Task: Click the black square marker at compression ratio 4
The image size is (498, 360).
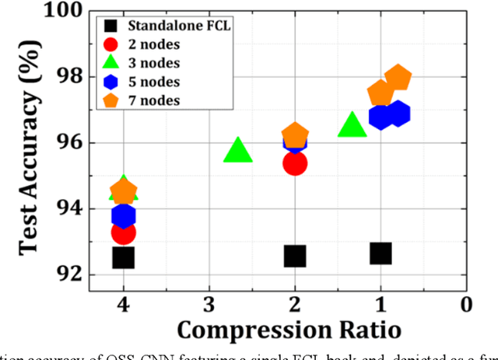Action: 123,257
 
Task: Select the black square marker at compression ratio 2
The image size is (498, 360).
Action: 294,256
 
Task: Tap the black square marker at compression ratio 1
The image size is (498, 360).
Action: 381,253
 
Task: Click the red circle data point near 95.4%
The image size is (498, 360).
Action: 294,163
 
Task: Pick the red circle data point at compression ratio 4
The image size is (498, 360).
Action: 123,232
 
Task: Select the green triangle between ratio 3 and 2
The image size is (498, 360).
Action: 237,152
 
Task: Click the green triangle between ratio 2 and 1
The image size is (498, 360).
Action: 352,125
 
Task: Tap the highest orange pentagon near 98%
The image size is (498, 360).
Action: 398,79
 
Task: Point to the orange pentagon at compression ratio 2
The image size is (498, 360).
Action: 295,135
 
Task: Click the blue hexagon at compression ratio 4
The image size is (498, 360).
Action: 123,215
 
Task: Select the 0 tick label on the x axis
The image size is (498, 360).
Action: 466,304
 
